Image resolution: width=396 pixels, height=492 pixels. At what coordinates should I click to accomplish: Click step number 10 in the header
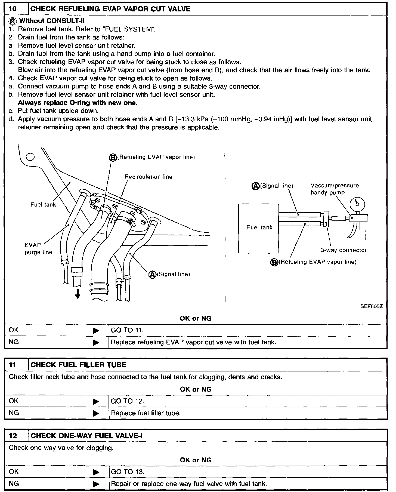pos(13,9)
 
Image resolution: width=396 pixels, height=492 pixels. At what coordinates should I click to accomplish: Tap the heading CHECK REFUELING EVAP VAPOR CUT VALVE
pos(110,9)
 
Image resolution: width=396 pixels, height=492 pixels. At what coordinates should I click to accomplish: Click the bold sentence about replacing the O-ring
pos(78,103)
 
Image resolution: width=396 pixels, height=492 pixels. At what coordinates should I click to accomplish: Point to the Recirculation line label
pos(148,177)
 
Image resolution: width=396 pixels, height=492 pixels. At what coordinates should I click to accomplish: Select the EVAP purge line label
pos(38,248)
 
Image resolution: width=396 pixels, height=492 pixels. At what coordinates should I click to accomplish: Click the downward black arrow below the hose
pos(78,294)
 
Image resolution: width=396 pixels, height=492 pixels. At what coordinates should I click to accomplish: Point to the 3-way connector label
pos(344,250)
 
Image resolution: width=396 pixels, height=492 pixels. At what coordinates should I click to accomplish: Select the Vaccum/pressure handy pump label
pos(335,189)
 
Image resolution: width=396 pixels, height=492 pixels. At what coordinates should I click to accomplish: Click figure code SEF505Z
pos(372,306)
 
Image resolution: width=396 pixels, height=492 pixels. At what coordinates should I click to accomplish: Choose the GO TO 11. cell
pos(127,330)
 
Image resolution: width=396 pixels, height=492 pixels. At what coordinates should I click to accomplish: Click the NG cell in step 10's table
pos(14,342)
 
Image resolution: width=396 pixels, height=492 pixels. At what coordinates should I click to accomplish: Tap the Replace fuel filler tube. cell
pos(146,413)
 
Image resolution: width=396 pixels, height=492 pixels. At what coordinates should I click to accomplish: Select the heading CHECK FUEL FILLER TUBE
pos(78,365)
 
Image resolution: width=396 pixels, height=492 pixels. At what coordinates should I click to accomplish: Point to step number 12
pos(13,436)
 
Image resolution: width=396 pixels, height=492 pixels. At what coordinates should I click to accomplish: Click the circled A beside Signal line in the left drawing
pos(152,274)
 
